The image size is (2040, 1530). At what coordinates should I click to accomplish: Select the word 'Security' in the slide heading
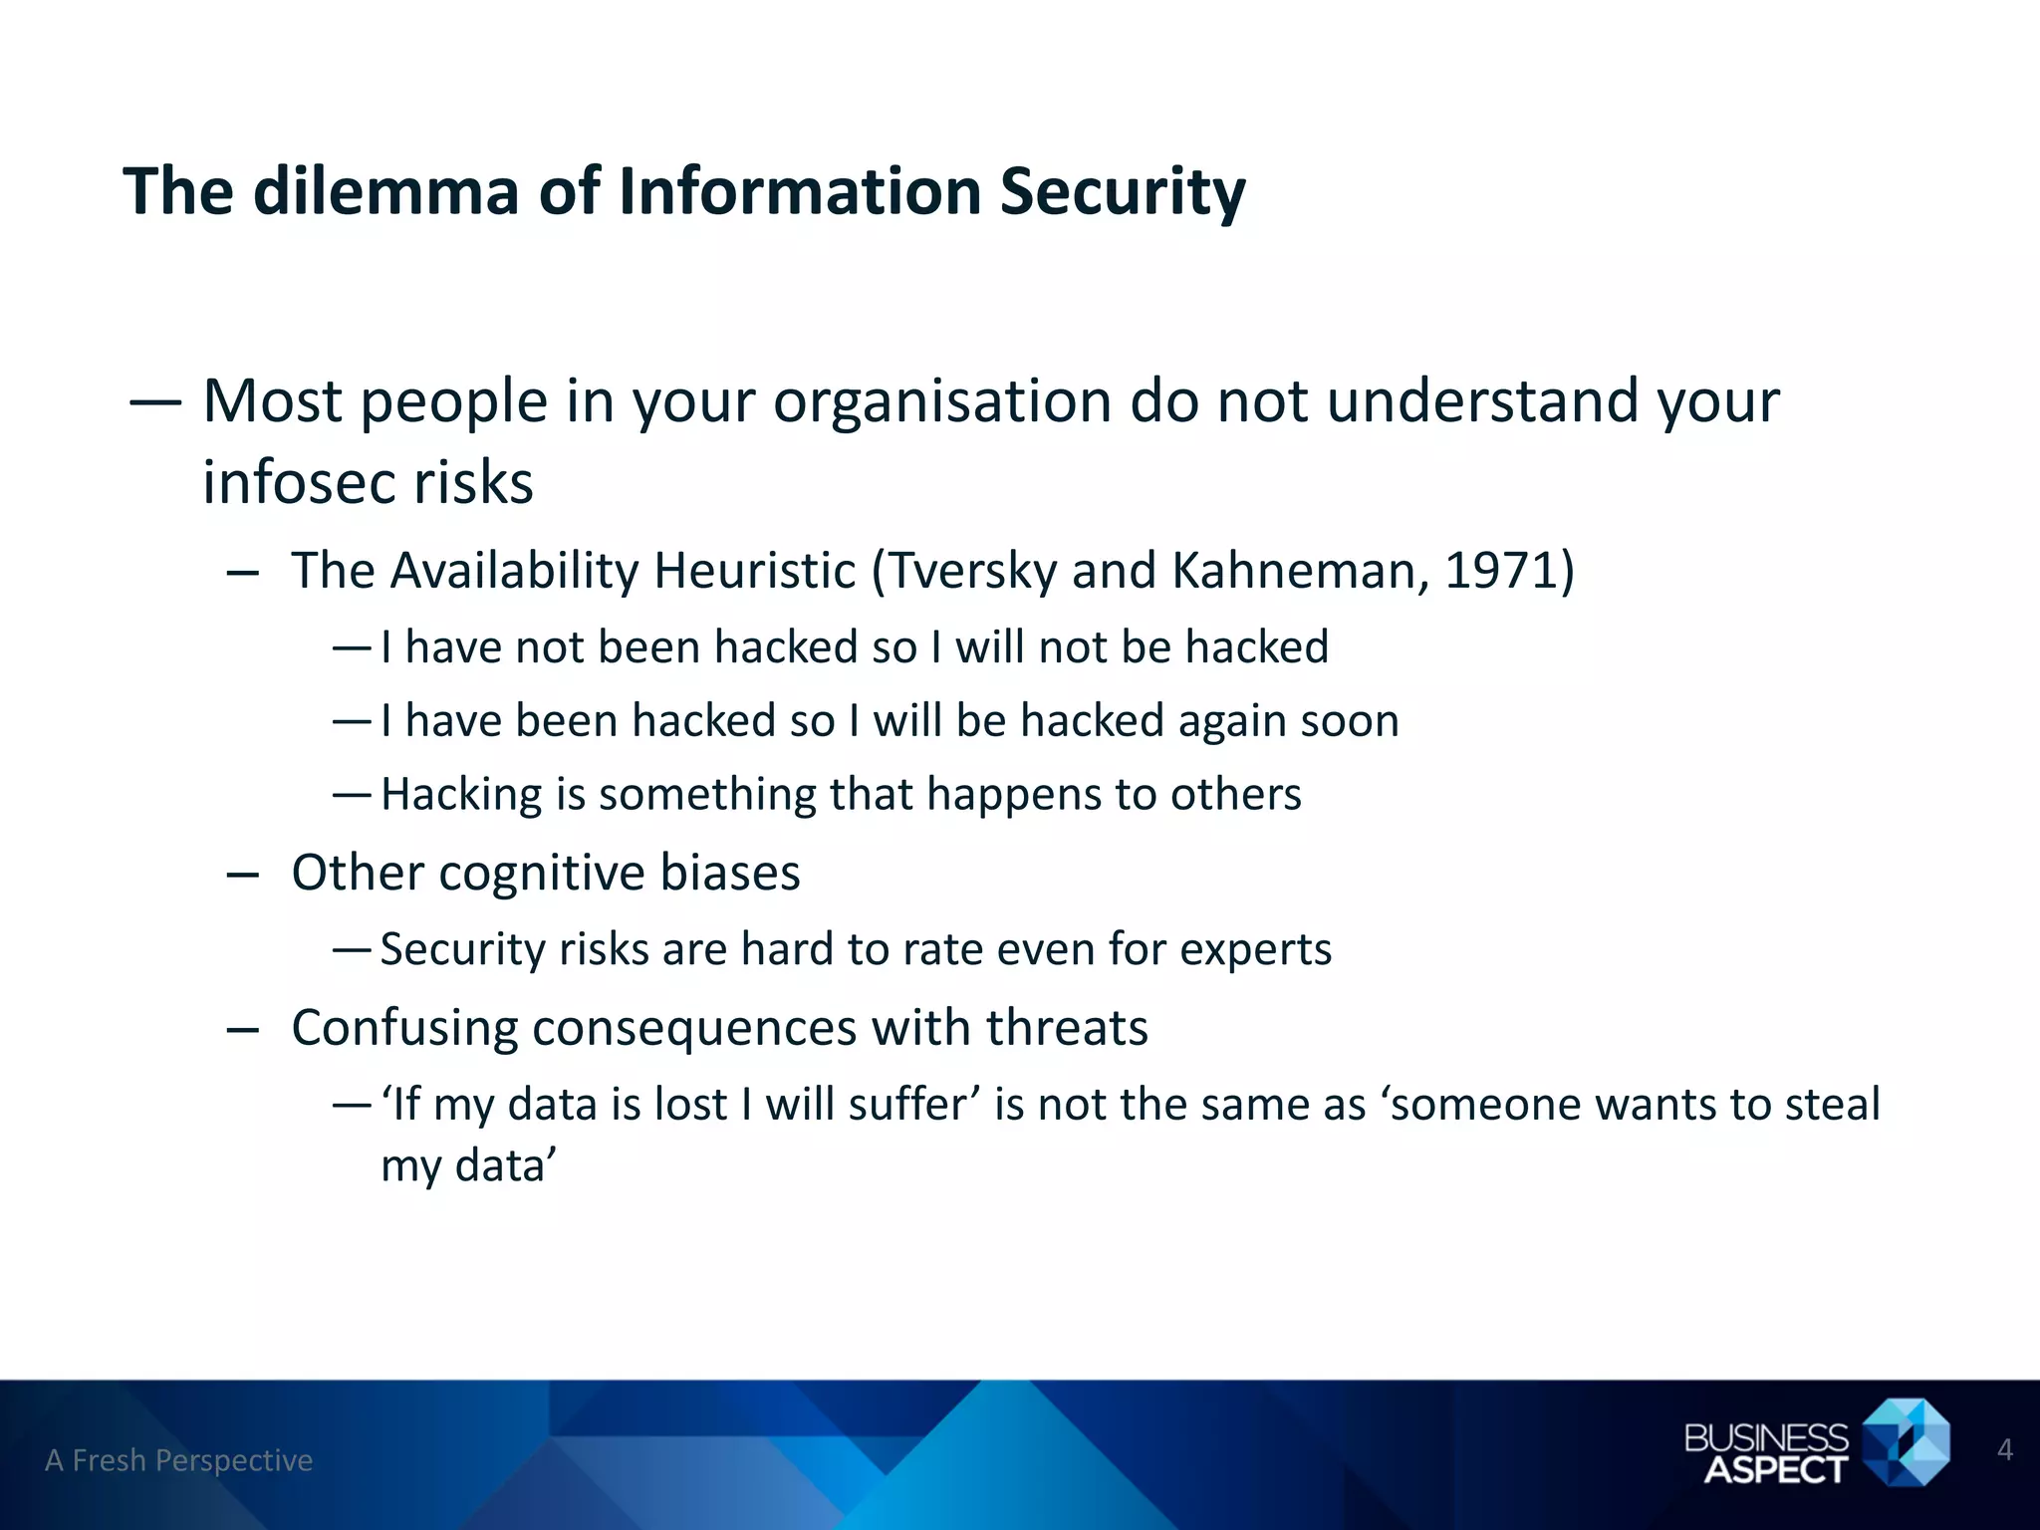1123,191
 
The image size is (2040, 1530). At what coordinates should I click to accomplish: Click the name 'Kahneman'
1292,571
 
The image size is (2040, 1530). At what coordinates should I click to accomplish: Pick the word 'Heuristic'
754,571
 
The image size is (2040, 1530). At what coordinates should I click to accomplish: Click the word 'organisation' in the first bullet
942,402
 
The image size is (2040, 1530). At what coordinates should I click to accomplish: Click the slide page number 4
2005,1449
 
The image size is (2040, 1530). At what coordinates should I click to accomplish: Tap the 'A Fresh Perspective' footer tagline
179,1460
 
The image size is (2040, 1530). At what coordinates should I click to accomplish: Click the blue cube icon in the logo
1906,1442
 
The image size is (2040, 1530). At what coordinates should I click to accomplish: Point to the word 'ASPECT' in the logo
1775,1469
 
